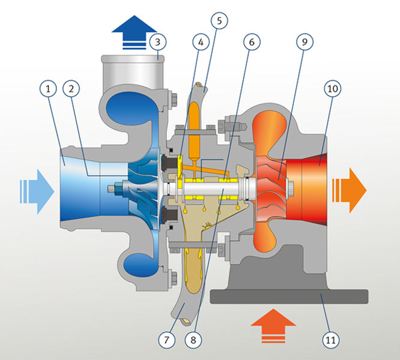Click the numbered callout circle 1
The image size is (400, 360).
tap(48, 89)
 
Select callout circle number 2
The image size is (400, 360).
tap(71, 89)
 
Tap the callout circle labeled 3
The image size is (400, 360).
tap(158, 42)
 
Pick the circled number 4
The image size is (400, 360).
tap(201, 42)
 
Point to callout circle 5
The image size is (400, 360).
tap(219, 20)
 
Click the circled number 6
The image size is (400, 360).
tap(252, 42)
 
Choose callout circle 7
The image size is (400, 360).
tap(166, 340)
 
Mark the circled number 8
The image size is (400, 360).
tap(193, 340)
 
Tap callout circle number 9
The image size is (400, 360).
tap(305, 42)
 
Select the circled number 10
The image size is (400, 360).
tap(332, 89)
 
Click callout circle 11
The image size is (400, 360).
tap(330, 340)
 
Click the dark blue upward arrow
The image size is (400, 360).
tap(134, 32)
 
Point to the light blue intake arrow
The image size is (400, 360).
tap(37, 191)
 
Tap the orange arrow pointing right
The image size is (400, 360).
tap(350, 190)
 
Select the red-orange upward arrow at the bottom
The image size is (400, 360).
tap(273, 326)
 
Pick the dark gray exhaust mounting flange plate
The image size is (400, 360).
tap(289, 296)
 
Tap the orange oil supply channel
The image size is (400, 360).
tap(195, 132)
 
